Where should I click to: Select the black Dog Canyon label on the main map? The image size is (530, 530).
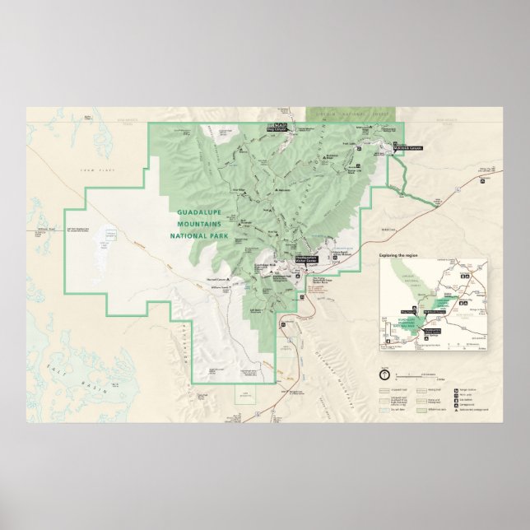pyautogui.click(x=275, y=128)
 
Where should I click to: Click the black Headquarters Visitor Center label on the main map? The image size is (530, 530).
pyautogui.click(x=305, y=257)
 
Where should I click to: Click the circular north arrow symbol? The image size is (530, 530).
pyautogui.click(x=384, y=373)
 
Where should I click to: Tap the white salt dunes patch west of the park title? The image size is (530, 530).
pyautogui.click(x=105, y=244)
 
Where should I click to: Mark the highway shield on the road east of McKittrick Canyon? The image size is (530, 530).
pyautogui.click(x=452, y=188)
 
